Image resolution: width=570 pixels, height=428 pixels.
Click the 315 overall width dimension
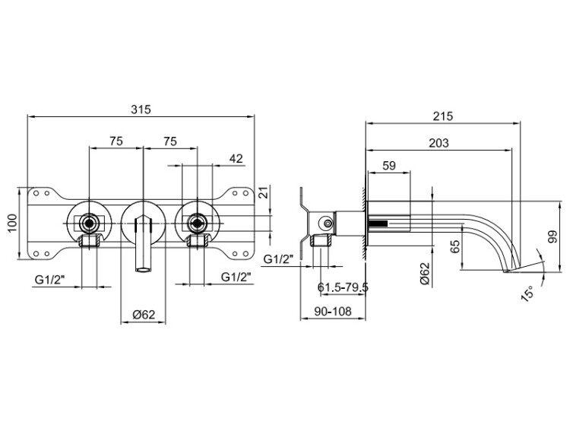point(141,109)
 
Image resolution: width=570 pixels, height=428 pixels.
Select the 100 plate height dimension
point(12,224)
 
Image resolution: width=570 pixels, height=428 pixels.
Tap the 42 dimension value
point(236,159)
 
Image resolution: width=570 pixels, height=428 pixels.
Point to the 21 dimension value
point(264,192)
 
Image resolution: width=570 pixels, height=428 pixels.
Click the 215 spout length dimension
point(443,116)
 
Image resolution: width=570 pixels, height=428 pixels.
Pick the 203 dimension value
point(439,143)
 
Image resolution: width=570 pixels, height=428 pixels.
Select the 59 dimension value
point(389,166)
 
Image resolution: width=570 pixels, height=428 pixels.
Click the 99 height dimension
point(553,236)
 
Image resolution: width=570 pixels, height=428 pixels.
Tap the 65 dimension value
point(454,246)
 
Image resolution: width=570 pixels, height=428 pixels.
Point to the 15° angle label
point(528,293)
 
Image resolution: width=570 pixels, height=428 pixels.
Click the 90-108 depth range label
point(333,311)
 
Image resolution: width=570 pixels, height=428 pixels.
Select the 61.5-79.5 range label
point(343,287)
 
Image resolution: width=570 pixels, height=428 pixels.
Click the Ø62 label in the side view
point(425,273)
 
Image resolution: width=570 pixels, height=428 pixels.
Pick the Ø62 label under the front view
point(144,314)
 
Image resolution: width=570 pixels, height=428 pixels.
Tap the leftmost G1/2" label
point(50,280)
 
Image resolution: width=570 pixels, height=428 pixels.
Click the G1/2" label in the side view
point(278,259)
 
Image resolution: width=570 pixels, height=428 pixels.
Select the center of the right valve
point(197,223)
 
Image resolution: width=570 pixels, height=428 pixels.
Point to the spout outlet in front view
point(143,270)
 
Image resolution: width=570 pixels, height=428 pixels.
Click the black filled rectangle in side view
point(378,224)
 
